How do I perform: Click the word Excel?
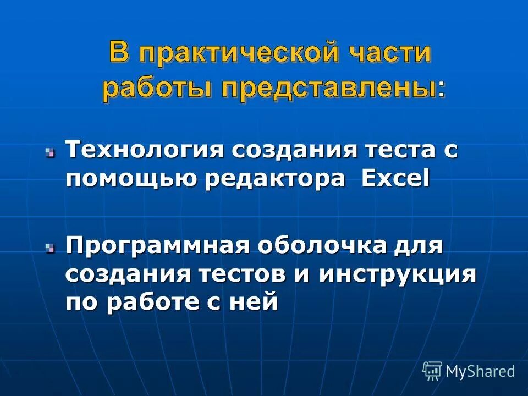pyautogui.click(x=395, y=179)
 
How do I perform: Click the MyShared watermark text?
pyautogui.click(x=480, y=371)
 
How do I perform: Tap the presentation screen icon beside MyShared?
pyautogui.click(x=432, y=371)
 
